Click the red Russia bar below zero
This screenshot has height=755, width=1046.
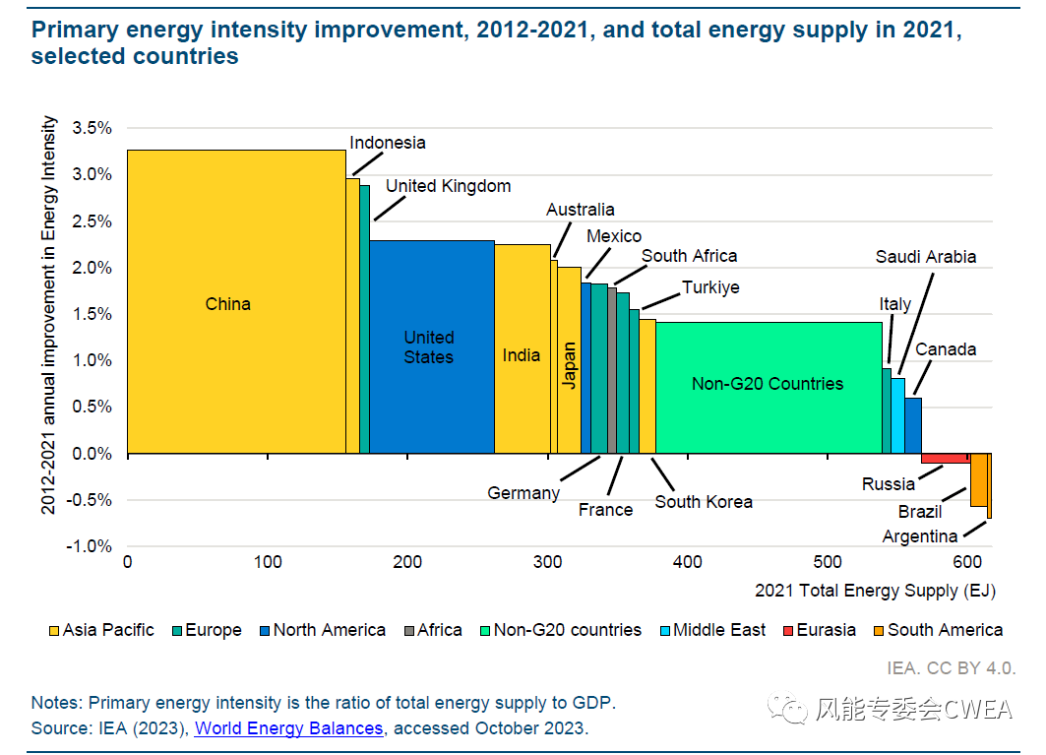tap(945, 458)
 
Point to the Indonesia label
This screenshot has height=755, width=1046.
tap(388, 143)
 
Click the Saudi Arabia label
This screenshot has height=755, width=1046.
tap(926, 257)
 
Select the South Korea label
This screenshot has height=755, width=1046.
tap(704, 502)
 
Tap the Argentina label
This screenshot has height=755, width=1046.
tap(920, 536)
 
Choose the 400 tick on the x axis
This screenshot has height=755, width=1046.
tap(688, 562)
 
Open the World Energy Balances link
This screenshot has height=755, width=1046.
tap(288, 728)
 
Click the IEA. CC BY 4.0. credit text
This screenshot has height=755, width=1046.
tap(951, 667)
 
